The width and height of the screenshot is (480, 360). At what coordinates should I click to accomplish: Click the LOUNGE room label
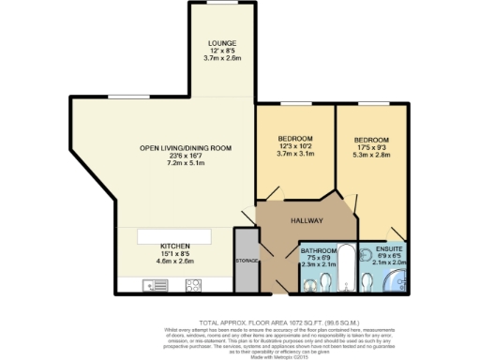tap(221, 43)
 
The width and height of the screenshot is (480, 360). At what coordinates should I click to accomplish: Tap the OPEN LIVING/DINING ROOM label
tap(185, 148)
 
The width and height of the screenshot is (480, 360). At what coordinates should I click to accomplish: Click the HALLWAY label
tap(307, 221)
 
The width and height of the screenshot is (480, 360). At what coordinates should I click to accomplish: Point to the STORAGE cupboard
tap(247, 260)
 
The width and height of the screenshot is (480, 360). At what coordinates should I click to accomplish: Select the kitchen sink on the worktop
tap(153, 285)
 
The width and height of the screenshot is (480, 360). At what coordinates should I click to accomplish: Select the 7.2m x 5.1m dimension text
tap(185, 163)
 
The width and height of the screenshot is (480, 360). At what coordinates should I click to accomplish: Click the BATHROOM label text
tap(318, 251)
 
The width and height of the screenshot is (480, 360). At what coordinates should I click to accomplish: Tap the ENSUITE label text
tap(384, 249)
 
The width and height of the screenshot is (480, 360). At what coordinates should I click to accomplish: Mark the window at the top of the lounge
tap(221, 4)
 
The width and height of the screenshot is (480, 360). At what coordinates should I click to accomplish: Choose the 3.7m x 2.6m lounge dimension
tap(221, 58)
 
